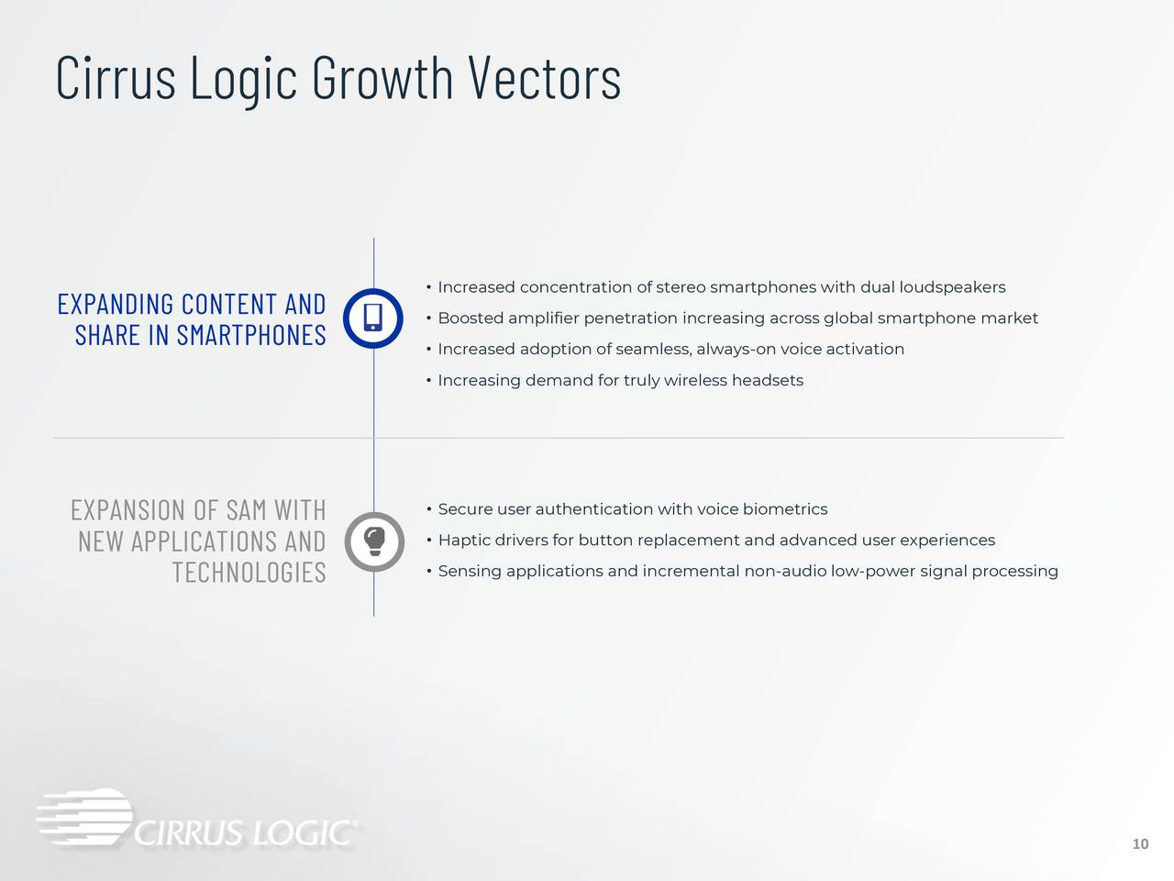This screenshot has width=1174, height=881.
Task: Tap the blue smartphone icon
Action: point(373,318)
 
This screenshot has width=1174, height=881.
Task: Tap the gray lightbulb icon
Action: point(373,541)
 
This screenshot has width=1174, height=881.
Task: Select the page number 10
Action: point(1140,844)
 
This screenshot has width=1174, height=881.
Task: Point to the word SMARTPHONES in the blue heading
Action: point(250,335)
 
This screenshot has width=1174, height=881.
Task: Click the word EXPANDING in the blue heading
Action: point(116,304)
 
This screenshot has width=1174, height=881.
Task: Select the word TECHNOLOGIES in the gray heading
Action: point(249,573)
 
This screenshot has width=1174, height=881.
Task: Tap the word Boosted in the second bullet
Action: point(470,318)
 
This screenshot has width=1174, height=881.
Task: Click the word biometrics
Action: point(784,509)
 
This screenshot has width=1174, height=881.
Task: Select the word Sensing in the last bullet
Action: point(470,572)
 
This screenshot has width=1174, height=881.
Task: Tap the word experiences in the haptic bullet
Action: point(947,541)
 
